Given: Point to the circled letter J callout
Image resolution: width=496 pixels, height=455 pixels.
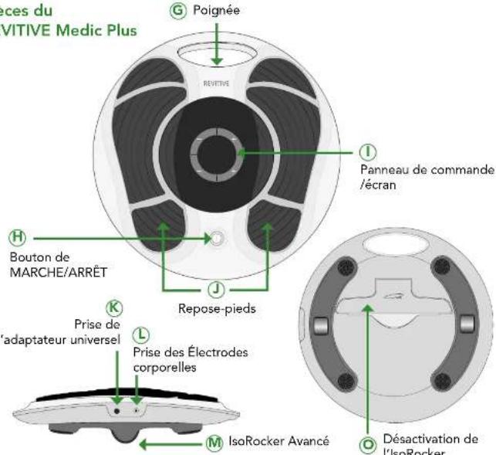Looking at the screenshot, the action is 217,289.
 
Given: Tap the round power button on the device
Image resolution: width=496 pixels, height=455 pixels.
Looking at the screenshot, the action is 215,239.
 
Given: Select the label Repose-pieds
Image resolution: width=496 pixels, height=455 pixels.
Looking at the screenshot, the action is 217,307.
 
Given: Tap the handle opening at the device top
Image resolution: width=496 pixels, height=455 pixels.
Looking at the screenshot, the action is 215,53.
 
